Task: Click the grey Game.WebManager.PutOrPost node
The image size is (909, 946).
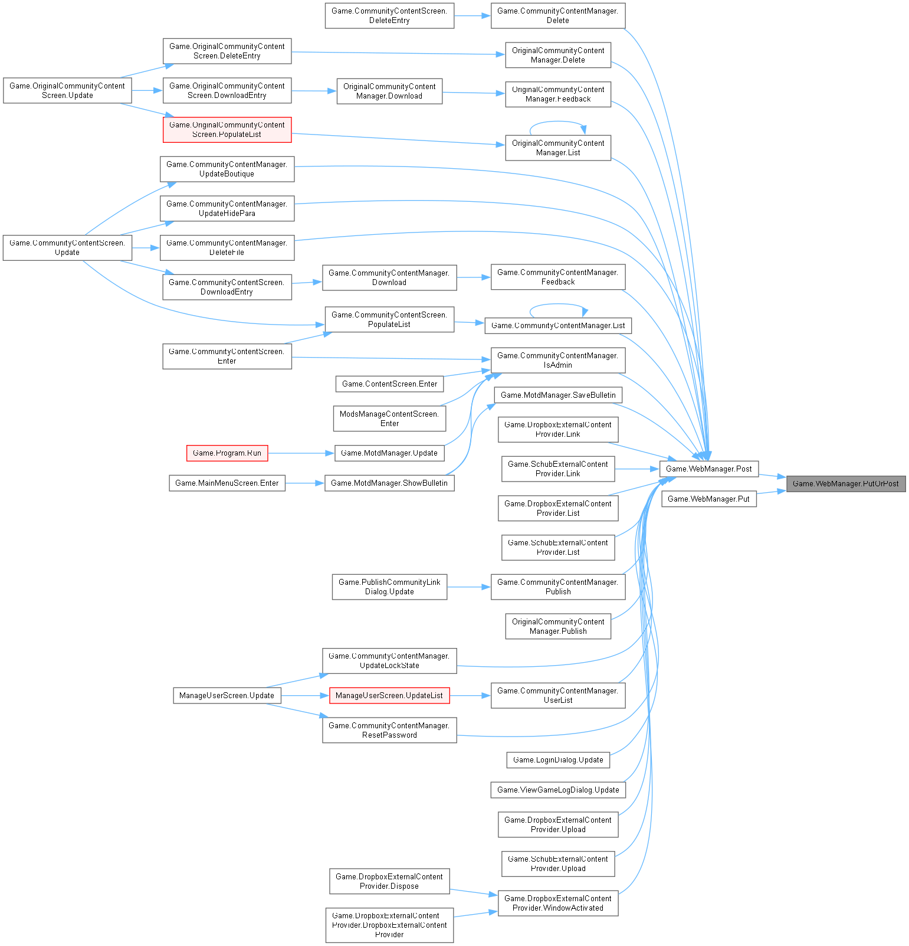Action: [x=845, y=484]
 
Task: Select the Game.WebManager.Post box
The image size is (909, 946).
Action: [x=708, y=469]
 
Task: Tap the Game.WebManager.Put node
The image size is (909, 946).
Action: [x=708, y=499]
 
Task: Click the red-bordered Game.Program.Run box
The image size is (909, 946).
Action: [x=227, y=453]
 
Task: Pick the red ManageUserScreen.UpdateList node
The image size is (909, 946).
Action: [x=389, y=696]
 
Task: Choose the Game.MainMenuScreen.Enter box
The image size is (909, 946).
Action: [x=227, y=483]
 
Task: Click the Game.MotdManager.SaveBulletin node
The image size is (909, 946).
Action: [x=558, y=395]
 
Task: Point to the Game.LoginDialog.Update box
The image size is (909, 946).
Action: [x=558, y=760]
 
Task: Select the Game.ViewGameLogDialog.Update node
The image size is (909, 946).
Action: [x=558, y=790]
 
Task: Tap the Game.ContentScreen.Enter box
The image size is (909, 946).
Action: [x=389, y=384]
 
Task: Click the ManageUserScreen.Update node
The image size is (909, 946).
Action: [x=227, y=696]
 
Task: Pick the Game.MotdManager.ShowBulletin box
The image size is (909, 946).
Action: [x=389, y=483]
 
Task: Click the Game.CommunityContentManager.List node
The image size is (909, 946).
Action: [x=558, y=326]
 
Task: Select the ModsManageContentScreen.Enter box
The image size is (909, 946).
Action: [x=389, y=419]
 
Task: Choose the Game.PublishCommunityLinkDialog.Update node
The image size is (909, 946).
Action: [x=389, y=587]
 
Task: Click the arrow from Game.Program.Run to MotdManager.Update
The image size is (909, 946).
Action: [x=301, y=453]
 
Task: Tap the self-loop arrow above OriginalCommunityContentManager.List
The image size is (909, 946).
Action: [x=557, y=122]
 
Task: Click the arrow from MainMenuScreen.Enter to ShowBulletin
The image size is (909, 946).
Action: [x=304, y=483]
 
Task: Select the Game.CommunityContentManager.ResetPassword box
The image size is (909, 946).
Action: [x=389, y=731]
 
